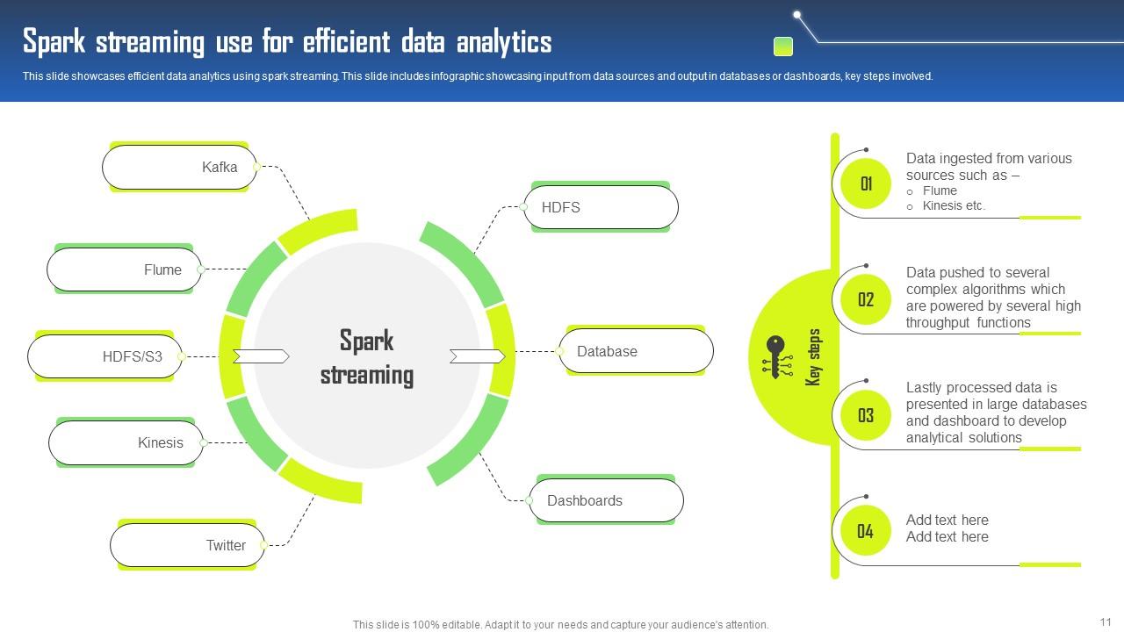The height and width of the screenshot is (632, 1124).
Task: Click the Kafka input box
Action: [179, 167]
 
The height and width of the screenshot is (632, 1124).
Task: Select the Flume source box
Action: [124, 269]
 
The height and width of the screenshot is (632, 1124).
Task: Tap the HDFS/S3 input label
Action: [133, 356]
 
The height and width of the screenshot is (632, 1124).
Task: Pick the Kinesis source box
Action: [126, 442]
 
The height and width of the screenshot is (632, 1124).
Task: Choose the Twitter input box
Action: [187, 545]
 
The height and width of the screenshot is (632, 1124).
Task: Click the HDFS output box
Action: [602, 207]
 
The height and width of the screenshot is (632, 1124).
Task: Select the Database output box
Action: [636, 351]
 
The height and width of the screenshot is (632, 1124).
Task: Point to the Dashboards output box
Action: [606, 500]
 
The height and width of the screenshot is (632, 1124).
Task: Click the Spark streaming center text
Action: [367, 357]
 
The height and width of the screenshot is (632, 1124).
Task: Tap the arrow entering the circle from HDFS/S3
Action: [261, 356]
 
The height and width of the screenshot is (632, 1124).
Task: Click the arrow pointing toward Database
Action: [478, 355]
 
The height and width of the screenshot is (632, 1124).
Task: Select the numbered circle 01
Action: [866, 183]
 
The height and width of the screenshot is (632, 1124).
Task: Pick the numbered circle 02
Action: [866, 299]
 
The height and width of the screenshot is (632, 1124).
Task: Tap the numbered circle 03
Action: [866, 415]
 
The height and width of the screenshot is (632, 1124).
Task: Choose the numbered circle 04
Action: [866, 530]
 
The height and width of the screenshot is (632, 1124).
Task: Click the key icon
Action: [776, 356]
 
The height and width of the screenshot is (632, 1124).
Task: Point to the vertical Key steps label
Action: [814, 357]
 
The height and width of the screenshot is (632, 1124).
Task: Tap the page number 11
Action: [1105, 621]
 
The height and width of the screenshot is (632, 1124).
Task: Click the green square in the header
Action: [782, 46]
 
